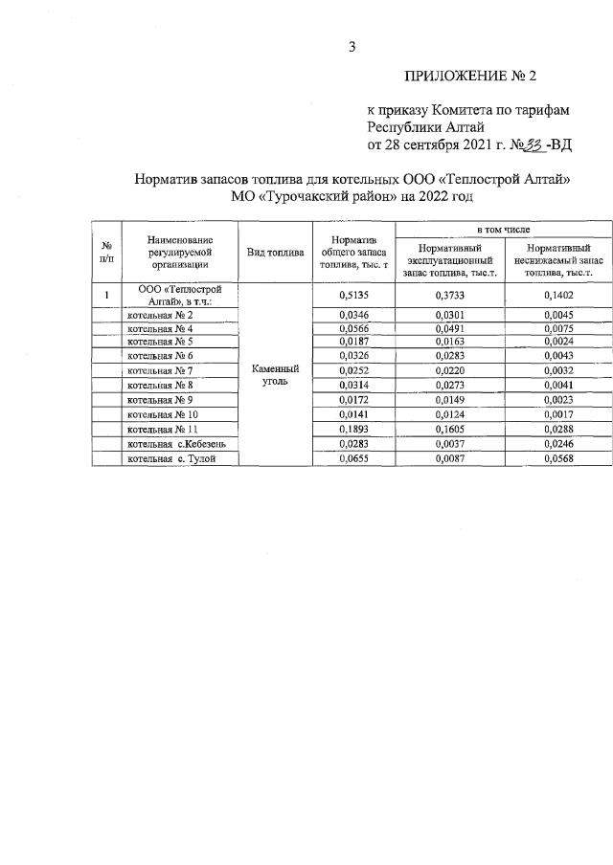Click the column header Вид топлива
point(275,253)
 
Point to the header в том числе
point(503,232)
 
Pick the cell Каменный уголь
point(275,374)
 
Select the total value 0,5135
point(354,296)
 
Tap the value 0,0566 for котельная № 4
point(354,328)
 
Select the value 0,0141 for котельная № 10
point(354,415)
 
